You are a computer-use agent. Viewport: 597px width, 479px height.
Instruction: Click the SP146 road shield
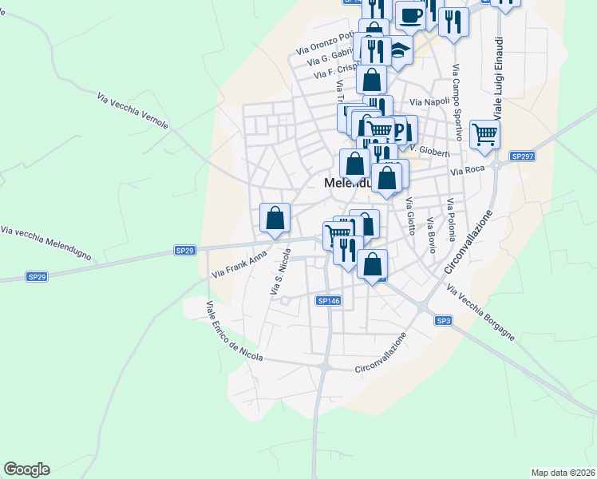point(329,301)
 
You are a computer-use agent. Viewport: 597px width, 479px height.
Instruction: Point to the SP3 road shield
point(444,320)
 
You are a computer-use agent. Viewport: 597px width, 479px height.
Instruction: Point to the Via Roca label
point(468,171)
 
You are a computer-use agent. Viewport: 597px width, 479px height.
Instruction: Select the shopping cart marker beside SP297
point(484,134)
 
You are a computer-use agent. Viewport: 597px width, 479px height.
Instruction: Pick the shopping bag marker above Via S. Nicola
point(275,218)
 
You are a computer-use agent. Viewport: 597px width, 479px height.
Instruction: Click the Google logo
point(26,469)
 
